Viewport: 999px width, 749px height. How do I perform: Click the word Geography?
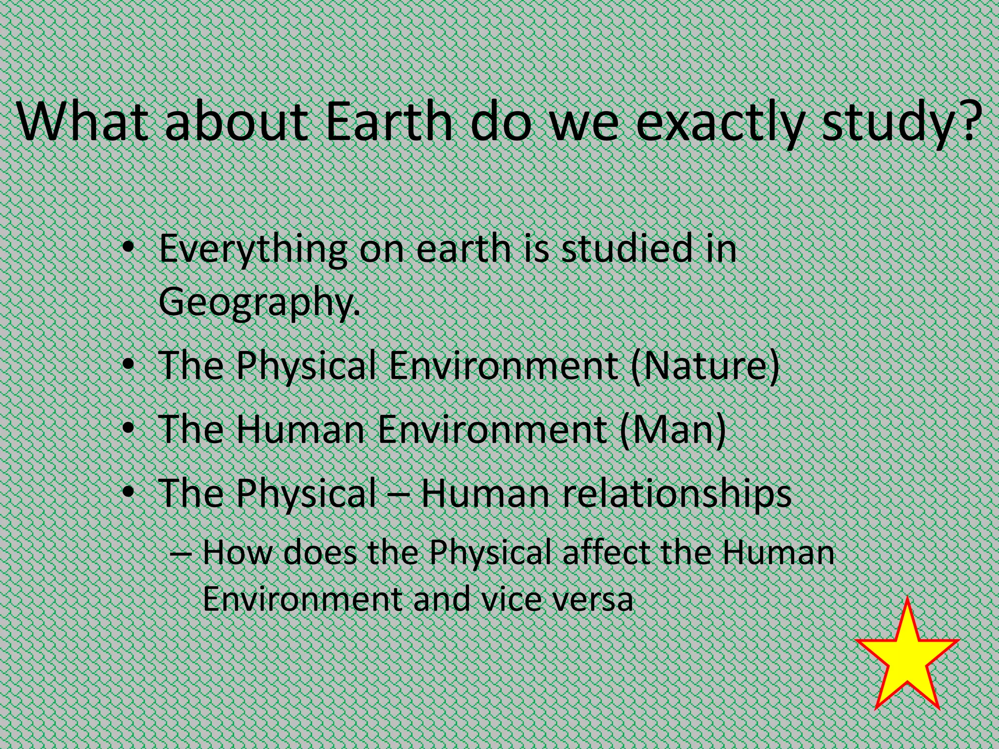coord(259,301)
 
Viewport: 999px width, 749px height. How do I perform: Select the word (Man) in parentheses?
coord(673,429)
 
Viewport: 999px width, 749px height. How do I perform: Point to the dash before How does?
coord(181,554)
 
